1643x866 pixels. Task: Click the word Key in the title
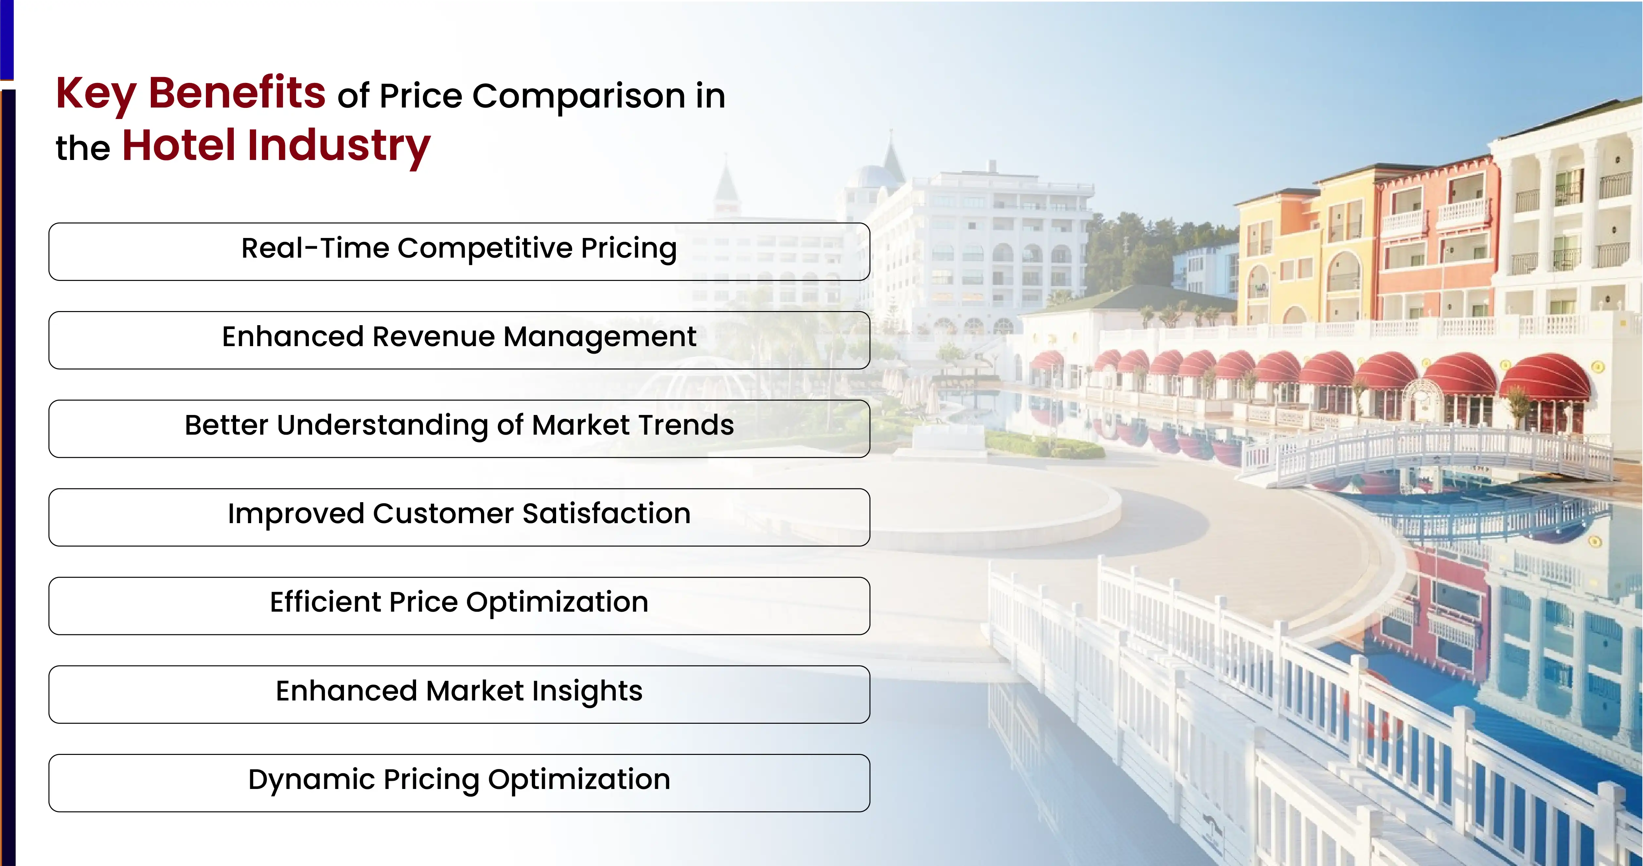pyautogui.click(x=96, y=94)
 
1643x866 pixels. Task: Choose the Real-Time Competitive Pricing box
pyautogui.click(x=459, y=251)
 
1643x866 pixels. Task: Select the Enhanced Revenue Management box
pyautogui.click(x=459, y=340)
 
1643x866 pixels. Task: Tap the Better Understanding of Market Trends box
pyautogui.click(x=459, y=428)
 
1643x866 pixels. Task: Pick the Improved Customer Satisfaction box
pyautogui.click(x=459, y=517)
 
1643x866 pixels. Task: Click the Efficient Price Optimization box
pyautogui.click(x=459, y=606)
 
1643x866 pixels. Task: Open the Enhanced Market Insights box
pyautogui.click(x=459, y=695)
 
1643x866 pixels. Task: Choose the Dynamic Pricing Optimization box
pyautogui.click(x=459, y=783)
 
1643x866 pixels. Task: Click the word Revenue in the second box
pyautogui.click(x=434, y=337)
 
